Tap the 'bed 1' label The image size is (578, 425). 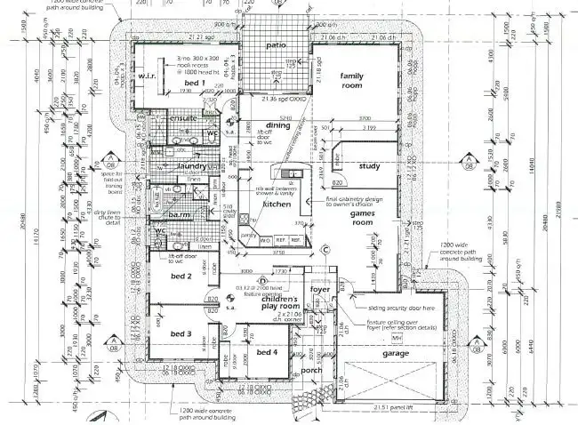click(197, 83)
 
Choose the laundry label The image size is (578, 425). click(190, 165)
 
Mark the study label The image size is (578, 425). click(369, 165)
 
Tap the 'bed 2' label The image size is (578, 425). click(181, 277)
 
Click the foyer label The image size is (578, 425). click(319, 288)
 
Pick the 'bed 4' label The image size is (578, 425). click(267, 353)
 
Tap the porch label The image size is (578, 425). click(311, 371)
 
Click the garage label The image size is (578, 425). click(396, 353)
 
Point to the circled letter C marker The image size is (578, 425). click(325, 249)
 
